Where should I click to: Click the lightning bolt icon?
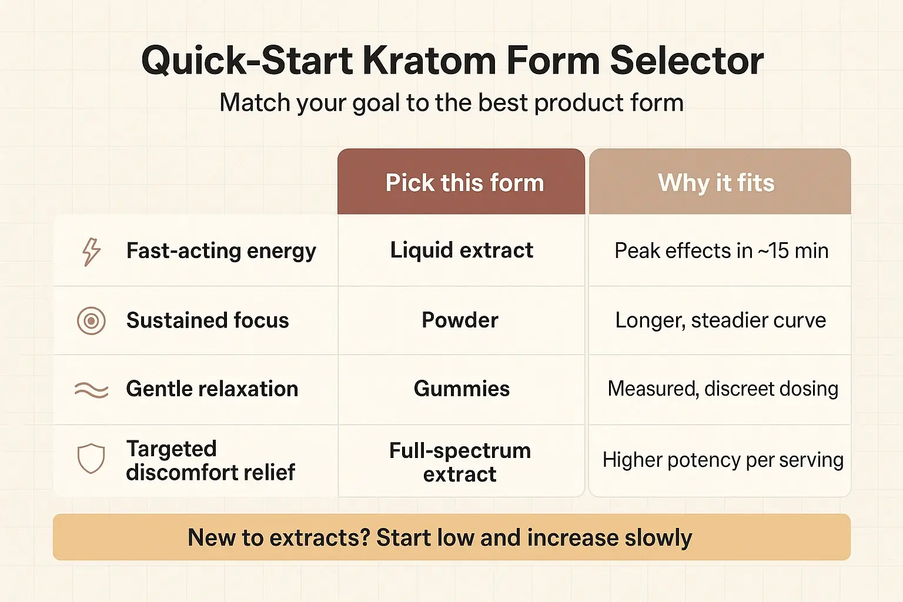tap(91, 252)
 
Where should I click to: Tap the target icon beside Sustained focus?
tap(91, 321)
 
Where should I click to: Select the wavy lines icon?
tap(91, 390)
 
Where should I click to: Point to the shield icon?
tap(91, 459)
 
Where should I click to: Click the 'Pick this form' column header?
tap(464, 183)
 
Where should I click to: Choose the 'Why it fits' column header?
tap(716, 183)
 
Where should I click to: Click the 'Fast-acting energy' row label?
tap(221, 251)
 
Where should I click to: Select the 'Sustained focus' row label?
tap(208, 320)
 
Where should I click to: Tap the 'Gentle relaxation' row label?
tap(212, 389)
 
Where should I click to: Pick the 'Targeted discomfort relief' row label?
tap(210, 460)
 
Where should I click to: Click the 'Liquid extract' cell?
tap(461, 250)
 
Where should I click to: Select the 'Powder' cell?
tap(460, 320)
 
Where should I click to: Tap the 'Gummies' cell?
tap(461, 389)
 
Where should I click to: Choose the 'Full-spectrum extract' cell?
tap(460, 462)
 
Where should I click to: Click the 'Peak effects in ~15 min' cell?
tap(721, 251)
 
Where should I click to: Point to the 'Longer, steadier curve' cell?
tap(720, 320)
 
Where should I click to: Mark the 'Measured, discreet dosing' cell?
tap(723, 389)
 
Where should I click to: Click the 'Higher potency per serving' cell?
tap(723, 460)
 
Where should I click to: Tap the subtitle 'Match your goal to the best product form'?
tap(451, 103)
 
